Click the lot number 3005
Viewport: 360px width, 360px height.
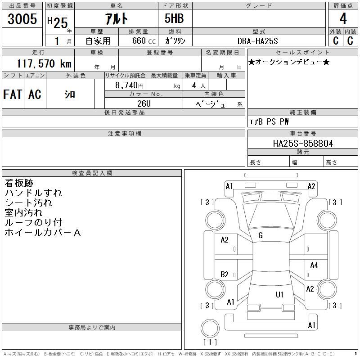(22, 18)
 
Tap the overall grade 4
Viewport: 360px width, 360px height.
(343, 18)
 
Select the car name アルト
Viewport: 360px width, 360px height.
(117, 18)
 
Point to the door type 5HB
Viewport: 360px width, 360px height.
(174, 18)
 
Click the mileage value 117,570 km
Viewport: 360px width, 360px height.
(44, 63)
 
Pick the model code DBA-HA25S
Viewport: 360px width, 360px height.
(258, 41)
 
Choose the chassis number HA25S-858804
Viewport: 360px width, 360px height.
(303, 144)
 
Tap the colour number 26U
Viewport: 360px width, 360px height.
(144, 103)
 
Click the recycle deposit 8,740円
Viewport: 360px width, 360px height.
(129, 85)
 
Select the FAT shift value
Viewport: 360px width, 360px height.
(13, 94)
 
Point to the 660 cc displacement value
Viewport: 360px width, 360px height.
(144, 41)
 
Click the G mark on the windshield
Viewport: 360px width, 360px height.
(261, 235)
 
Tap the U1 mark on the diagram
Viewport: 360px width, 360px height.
(279, 295)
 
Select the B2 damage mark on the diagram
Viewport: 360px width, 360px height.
(224, 274)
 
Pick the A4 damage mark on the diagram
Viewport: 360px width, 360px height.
(314, 265)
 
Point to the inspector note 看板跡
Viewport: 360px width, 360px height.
(19, 183)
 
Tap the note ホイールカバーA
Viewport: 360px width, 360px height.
(43, 233)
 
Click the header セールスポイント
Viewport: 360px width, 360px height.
(302, 53)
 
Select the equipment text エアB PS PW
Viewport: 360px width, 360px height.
(269, 121)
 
